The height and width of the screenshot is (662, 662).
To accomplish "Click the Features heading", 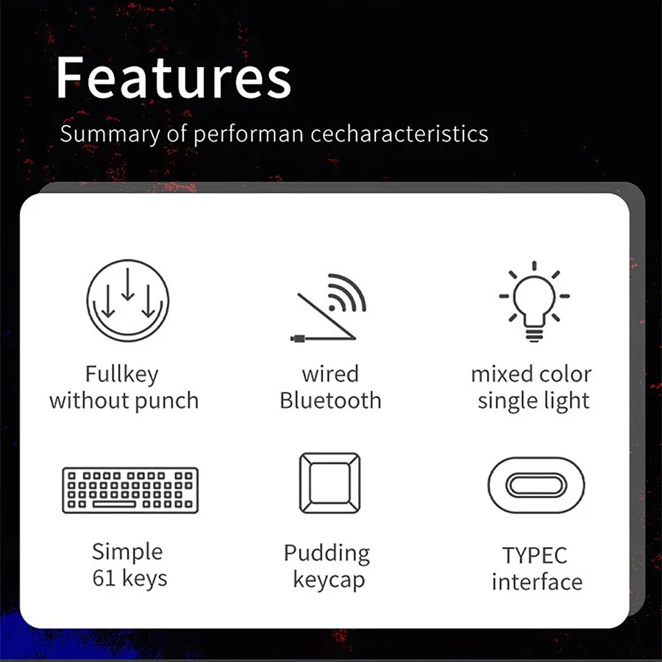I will tap(174, 78).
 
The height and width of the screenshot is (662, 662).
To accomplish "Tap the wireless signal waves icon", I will tap(346, 293).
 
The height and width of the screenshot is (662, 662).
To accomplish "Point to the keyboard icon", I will tap(130, 490).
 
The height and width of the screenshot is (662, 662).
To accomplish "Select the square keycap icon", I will tap(330, 483).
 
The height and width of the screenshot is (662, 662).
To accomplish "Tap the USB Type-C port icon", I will tap(536, 485).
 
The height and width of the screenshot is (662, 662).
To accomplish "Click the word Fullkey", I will tap(121, 374).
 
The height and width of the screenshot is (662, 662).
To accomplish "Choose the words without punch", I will tap(124, 402).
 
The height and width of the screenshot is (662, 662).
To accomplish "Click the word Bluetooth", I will tap(330, 402).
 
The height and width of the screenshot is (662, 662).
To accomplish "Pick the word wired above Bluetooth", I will tap(330, 374).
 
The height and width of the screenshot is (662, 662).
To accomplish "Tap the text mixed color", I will tap(531, 374).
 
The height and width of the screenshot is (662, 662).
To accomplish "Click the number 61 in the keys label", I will tap(104, 578).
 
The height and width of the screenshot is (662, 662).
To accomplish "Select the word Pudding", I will tap(327, 553).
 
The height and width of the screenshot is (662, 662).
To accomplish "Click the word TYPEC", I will tap(535, 555).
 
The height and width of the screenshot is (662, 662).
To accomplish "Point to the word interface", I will tap(537, 583).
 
